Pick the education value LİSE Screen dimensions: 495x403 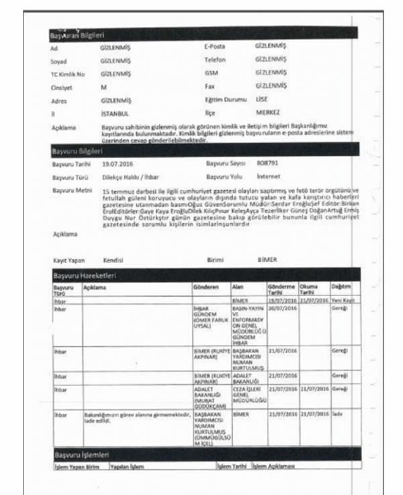(x=262, y=99)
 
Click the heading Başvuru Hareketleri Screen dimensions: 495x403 (x=82, y=276)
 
